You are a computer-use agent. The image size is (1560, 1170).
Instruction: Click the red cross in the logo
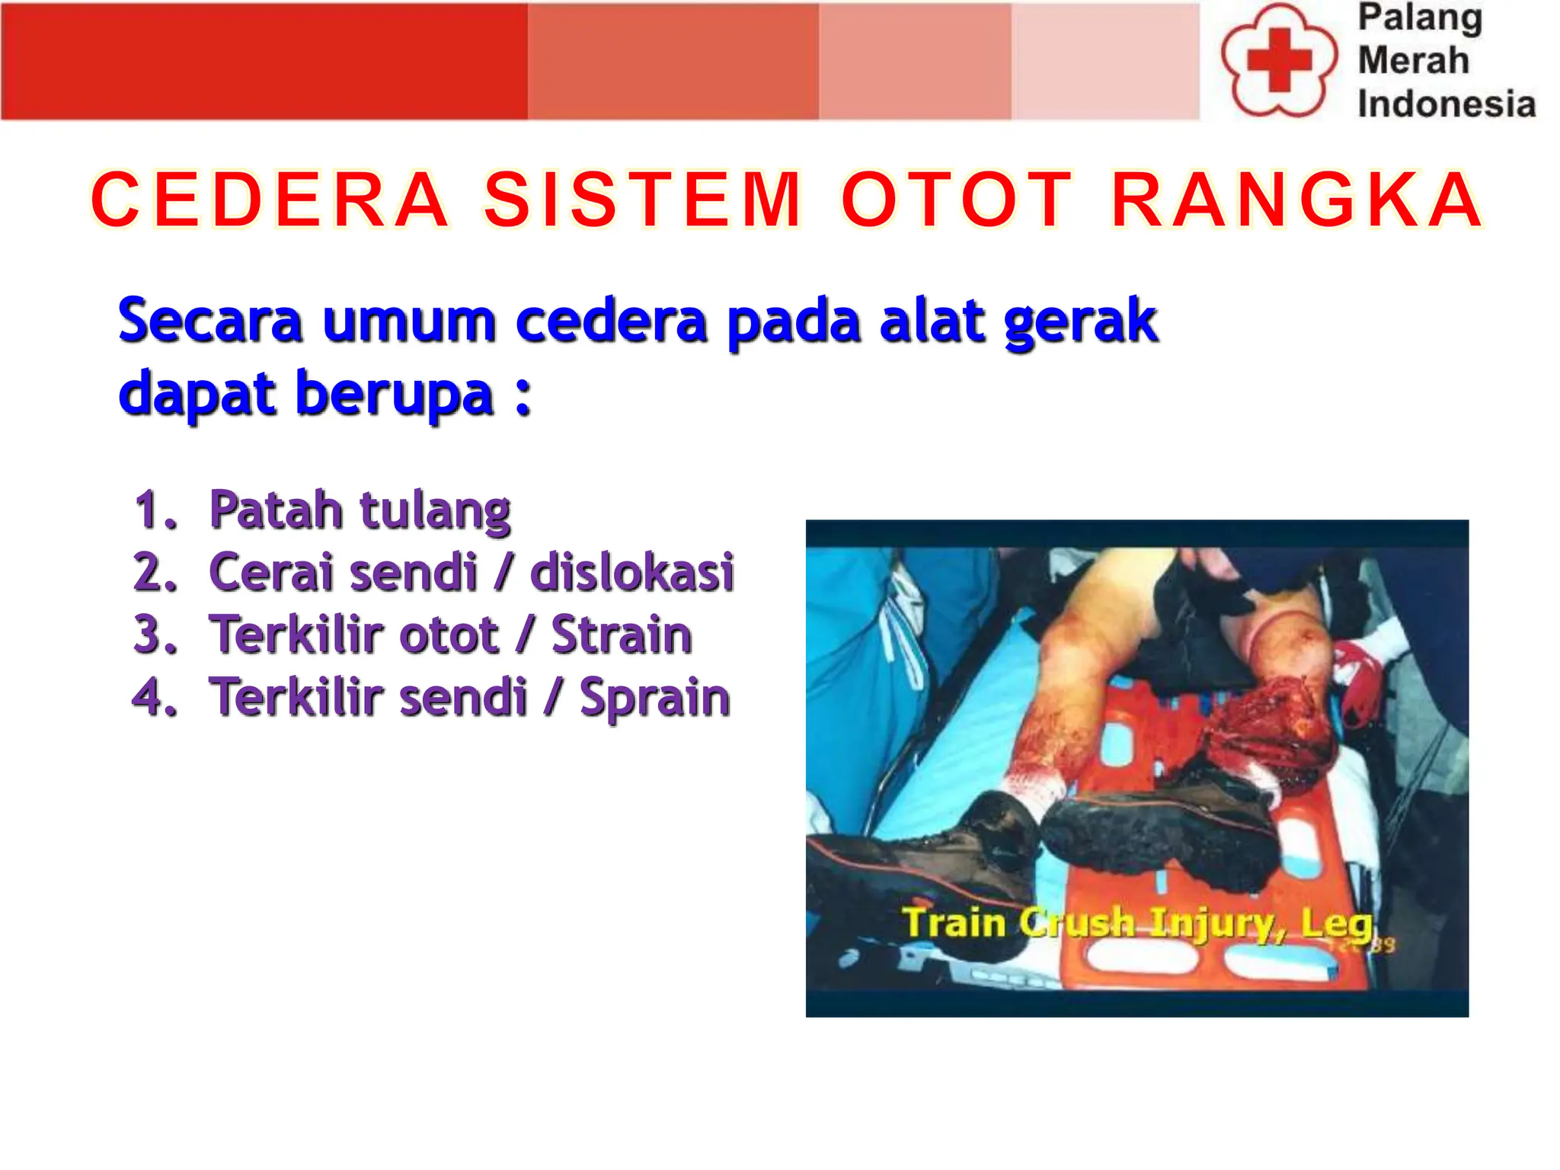(1279, 60)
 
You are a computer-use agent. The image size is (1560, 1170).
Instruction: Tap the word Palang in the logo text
(1420, 18)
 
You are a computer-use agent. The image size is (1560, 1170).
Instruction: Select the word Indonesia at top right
(1446, 104)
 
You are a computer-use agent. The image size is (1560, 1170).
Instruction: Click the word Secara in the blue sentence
(210, 321)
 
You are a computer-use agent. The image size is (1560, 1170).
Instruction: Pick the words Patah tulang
(360, 510)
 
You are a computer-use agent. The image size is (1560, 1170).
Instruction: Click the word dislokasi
(632, 572)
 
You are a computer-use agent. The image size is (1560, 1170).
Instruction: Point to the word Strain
(622, 635)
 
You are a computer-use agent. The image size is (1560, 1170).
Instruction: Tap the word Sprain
(654, 698)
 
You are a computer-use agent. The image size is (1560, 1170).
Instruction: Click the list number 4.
(155, 697)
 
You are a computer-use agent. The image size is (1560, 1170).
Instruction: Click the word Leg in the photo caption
(1336, 922)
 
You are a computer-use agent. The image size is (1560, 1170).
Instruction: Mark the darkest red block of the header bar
(264, 61)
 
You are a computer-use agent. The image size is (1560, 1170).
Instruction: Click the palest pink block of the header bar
(1105, 61)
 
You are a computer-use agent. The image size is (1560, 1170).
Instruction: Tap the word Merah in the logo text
(1413, 60)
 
